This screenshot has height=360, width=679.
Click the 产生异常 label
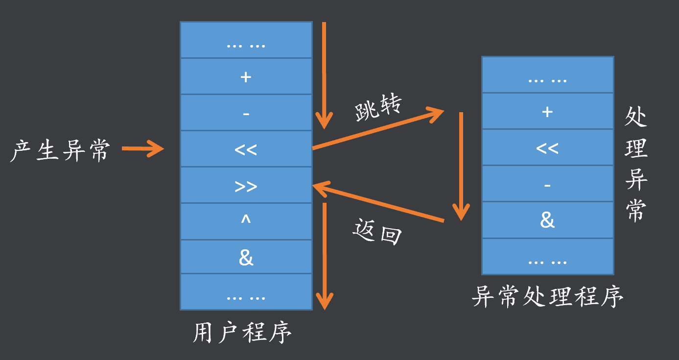tap(60, 150)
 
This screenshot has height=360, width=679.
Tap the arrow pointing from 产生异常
tap(142, 148)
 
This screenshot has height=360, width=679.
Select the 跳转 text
tap(378, 108)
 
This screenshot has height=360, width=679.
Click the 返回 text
tap(377, 232)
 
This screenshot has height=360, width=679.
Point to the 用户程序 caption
tap(242, 333)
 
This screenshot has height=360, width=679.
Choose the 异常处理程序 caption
tap(547, 296)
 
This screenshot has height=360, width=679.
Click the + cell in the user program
tap(246, 76)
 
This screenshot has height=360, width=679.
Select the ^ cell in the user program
tap(246, 221)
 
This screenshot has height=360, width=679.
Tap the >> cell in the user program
tap(246, 186)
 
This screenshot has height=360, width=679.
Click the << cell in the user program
tap(246, 149)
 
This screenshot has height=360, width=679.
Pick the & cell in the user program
tap(246, 258)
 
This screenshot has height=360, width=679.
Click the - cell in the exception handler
tap(547, 184)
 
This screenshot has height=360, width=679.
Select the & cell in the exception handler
tap(547, 220)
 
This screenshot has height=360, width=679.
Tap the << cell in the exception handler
tap(547, 147)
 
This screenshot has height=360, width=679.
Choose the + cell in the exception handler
tap(547, 111)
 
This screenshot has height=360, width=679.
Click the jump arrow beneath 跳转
tap(377, 130)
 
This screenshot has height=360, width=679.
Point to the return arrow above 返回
tap(377, 203)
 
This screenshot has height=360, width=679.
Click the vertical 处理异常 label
tap(636, 165)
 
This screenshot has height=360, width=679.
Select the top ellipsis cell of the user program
tap(246, 40)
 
